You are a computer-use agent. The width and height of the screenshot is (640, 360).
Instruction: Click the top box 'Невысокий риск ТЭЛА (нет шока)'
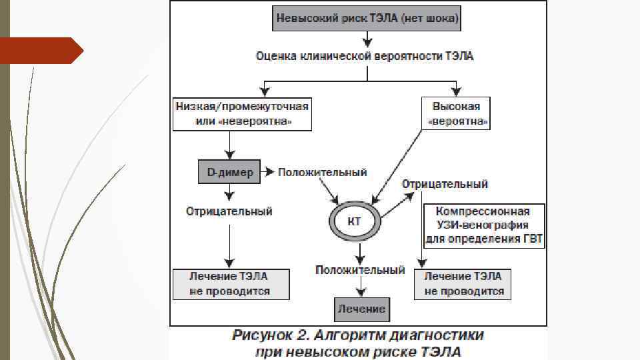click(x=367, y=19)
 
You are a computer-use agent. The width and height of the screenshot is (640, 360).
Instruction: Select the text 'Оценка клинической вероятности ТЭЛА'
click(x=365, y=56)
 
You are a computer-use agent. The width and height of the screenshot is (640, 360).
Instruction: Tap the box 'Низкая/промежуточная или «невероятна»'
click(x=243, y=115)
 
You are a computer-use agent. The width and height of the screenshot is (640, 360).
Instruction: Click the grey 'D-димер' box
click(x=230, y=173)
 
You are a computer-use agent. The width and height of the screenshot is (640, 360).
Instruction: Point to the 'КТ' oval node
click(x=355, y=221)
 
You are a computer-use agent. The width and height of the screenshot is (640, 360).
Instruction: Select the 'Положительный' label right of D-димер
click(x=323, y=173)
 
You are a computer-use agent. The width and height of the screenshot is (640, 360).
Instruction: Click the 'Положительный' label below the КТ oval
click(x=360, y=270)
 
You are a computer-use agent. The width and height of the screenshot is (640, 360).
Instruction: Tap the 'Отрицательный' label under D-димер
click(x=229, y=211)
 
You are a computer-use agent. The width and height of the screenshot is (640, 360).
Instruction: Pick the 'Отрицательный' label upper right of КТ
click(x=445, y=183)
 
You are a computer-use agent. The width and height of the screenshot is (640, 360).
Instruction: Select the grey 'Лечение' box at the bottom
click(x=361, y=309)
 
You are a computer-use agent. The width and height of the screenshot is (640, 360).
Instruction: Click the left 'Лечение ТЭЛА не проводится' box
click(x=230, y=283)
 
